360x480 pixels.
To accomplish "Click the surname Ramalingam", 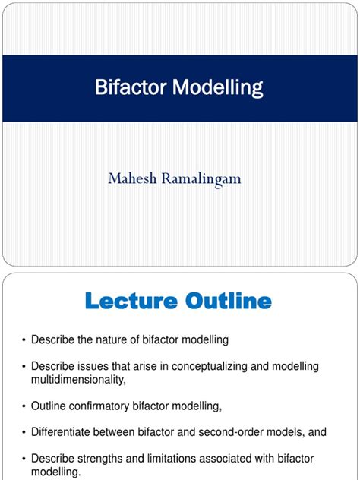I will (x=207, y=178).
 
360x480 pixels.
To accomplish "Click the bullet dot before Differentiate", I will (x=24, y=432).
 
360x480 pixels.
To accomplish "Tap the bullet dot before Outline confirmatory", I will (x=24, y=405).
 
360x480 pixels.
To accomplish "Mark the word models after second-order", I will (x=286, y=432).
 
